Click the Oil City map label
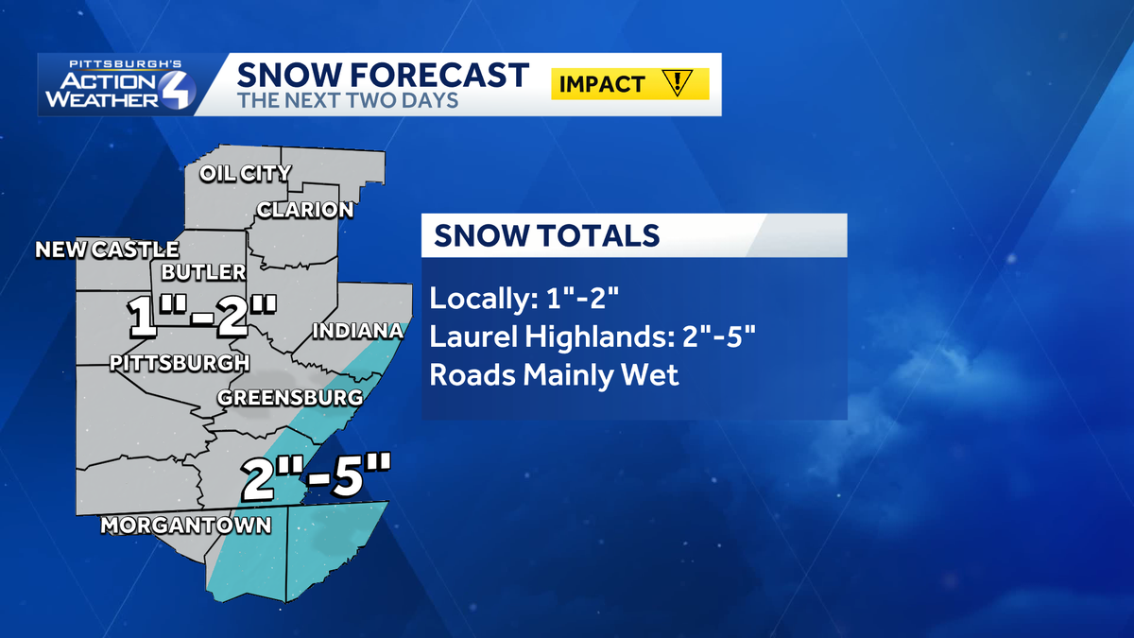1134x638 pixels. [245, 174]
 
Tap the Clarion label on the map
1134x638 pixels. [305, 210]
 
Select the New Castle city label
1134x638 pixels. [107, 250]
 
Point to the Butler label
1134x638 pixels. [204, 272]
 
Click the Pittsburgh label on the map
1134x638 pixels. [180, 362]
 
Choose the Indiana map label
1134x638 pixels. [357, 332]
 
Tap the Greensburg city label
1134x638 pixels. [290, 398]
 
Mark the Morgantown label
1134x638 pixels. [185, 525]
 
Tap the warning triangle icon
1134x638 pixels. [679, 83]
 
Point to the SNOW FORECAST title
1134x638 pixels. [383, 75]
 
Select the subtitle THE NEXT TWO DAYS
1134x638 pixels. [347, 101]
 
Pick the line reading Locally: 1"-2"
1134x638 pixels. [524, 300]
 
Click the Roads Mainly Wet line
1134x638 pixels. [554, 375]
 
